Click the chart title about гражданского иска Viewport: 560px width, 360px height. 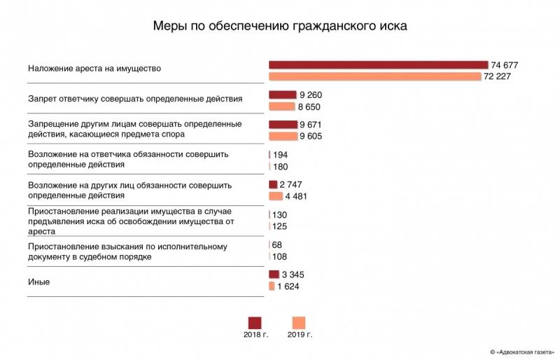280,26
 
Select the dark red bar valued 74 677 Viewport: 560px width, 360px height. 378,64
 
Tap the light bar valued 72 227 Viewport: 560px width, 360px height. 374,76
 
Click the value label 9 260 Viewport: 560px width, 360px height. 310,95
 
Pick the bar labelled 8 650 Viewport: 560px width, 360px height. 281,106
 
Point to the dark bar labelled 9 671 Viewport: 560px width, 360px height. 283,125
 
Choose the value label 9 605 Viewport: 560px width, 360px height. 310,137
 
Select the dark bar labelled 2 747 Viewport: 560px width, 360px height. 273,184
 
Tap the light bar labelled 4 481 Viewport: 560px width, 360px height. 275,196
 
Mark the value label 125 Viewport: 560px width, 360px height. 279,226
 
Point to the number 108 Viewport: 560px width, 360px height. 279,256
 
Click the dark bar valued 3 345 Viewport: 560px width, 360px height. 274,275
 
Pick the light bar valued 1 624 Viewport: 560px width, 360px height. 271,286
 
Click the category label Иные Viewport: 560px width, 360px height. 38,282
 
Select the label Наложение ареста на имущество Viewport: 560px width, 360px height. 94,69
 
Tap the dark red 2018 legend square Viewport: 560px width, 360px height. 255,322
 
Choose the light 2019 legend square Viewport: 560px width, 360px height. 299,322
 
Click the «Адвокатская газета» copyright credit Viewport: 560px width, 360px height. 522,351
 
